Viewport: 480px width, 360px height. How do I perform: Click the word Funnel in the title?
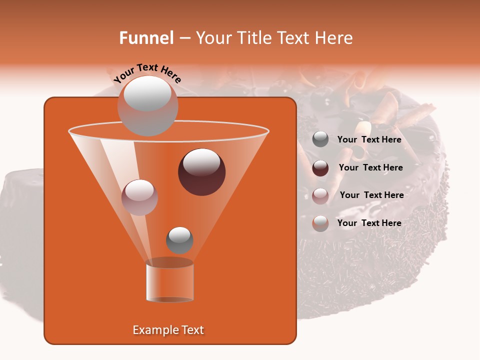(x=146, y=38)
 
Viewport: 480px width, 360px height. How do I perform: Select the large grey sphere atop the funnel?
(x=147, y=105)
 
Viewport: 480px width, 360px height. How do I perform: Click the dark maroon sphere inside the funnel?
(x=201, y=172)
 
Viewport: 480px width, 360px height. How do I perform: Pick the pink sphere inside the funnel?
(x=140, y=197)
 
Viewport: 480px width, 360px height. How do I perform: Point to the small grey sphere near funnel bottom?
(x=179, y=240)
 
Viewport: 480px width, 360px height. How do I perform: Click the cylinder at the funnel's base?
(x=169, y=281)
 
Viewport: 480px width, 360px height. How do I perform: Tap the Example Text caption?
(x=168, y=330)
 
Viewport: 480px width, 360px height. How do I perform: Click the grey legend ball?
(x=320, y=139)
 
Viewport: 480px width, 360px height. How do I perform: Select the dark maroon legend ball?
(x=320, y=168)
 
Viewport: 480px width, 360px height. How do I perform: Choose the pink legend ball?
(x=320, y=195)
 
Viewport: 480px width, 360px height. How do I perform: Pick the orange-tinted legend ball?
(x=320, y=223)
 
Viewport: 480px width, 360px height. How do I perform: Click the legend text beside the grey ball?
(x=369, y=140)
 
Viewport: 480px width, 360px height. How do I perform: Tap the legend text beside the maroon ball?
(x=370, y=168)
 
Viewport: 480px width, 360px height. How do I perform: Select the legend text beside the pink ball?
(x=371, y=195)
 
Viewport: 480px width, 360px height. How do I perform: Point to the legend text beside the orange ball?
(x=369, y=223)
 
